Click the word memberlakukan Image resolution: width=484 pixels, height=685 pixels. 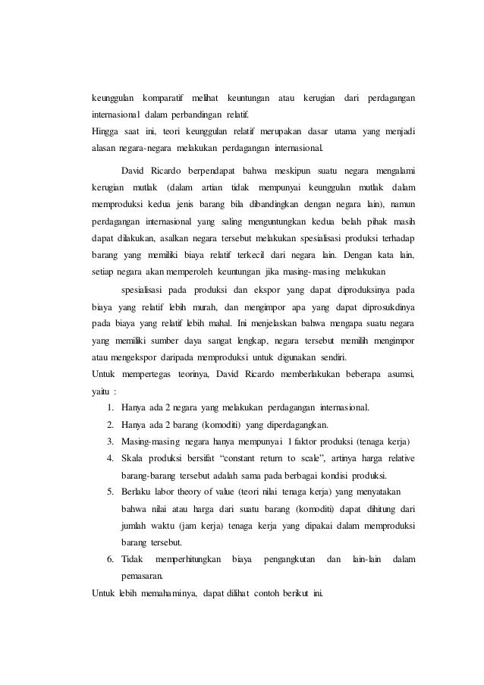309,375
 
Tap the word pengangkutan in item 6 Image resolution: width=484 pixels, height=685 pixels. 287,560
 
